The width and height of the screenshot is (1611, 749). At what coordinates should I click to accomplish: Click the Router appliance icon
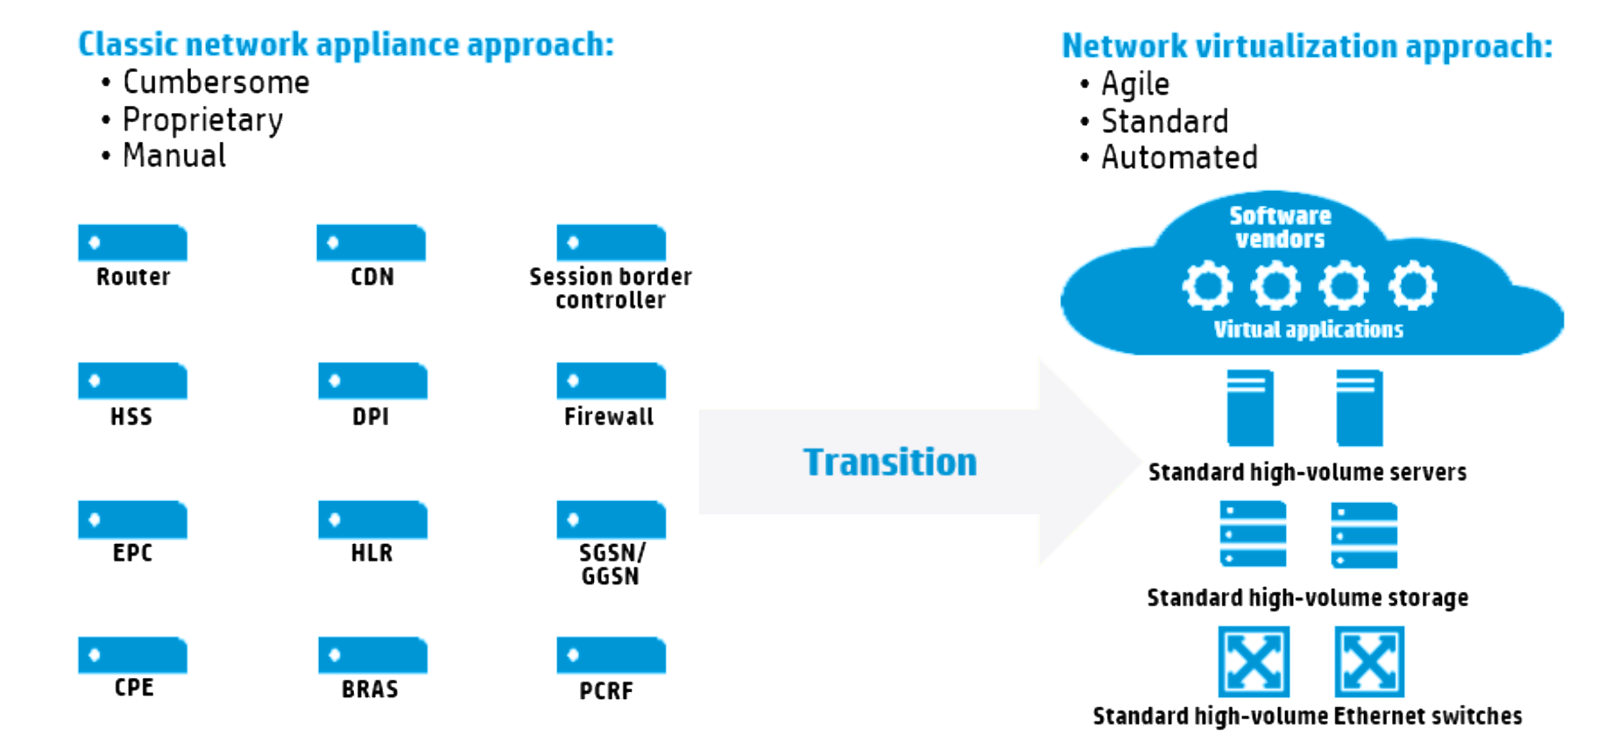pyautogui.click(x=132, y=243)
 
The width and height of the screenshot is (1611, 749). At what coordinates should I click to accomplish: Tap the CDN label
pyautogui.click(x=372, y=277)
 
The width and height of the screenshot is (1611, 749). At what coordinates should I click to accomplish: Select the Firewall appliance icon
pyautogui.click(x=611, y=381)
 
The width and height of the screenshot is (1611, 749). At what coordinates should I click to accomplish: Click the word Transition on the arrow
pyautogui.click(x=889, y=462)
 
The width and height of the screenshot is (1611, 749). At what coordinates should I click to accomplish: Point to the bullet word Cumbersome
pyautogui.click(x=216, y=82)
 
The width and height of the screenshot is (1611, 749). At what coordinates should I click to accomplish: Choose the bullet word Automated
pyautogui.click(x=1179, y=158)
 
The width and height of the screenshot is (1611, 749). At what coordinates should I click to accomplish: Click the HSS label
pyautogui.click(x=131, y=416)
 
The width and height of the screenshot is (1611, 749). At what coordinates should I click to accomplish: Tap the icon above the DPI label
pyautogui.click(x=372, y=381)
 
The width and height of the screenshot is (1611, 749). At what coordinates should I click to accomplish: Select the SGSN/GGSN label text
pyautogui.click(x=611, y=564)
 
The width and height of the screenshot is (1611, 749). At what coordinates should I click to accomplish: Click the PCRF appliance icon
pyautogui.click(x=611, y=655)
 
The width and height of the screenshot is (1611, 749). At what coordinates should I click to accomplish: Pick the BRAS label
pyautogui.click(x=370, y=689)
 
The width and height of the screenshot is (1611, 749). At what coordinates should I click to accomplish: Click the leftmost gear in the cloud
pyautogui.click(x=1207, y=286)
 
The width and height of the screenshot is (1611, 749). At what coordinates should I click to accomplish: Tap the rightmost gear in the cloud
pyautogui.click(x=1412, y=286)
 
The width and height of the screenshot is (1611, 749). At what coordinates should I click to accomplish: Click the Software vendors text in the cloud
pyautogui.click(x=1280, y=227)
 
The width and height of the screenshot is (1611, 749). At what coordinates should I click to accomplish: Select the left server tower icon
pyautogui.click(x=1250, y=407)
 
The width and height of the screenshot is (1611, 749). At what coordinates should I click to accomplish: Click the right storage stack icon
pyautogui.click(x=1364, y=534)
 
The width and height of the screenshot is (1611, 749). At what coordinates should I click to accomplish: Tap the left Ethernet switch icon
pyautogui.click(x=1254, y=661)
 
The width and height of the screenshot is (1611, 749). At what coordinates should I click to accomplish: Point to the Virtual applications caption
pyautogui.click(x=1308, y=329)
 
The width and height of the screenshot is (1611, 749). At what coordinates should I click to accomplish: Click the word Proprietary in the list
pyautogui.click(x=202, y=120)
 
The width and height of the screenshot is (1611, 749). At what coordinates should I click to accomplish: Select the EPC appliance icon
pyautogui.click(x=132, y=519)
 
